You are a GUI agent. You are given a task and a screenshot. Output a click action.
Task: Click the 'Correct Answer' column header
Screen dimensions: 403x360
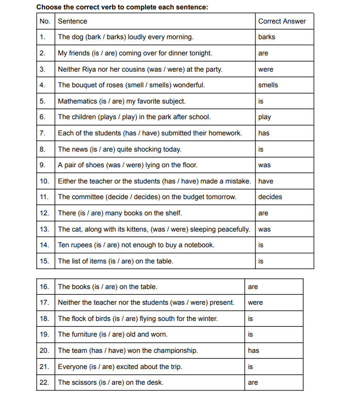(282, 21)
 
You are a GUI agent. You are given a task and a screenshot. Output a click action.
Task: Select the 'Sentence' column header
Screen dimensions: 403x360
(72, 21)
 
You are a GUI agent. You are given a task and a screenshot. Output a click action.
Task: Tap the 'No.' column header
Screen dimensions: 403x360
(44, 21)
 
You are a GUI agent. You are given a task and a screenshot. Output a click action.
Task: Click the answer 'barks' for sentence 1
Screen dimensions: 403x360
(266, 37)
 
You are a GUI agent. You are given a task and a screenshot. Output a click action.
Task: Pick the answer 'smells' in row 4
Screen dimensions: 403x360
(268, 85)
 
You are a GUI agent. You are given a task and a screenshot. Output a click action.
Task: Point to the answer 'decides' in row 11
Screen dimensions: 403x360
(270, 197)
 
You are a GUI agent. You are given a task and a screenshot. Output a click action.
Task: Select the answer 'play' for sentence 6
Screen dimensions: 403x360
(264, 117)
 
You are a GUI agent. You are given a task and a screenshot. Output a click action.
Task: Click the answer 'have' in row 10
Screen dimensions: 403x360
(265, 181)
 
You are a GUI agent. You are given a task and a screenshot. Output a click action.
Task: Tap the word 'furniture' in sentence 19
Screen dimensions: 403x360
(85, 335)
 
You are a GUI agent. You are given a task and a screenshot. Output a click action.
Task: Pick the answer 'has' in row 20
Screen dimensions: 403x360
(253, 351)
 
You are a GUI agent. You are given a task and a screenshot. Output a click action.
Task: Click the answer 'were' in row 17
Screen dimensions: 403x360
(255, 303)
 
